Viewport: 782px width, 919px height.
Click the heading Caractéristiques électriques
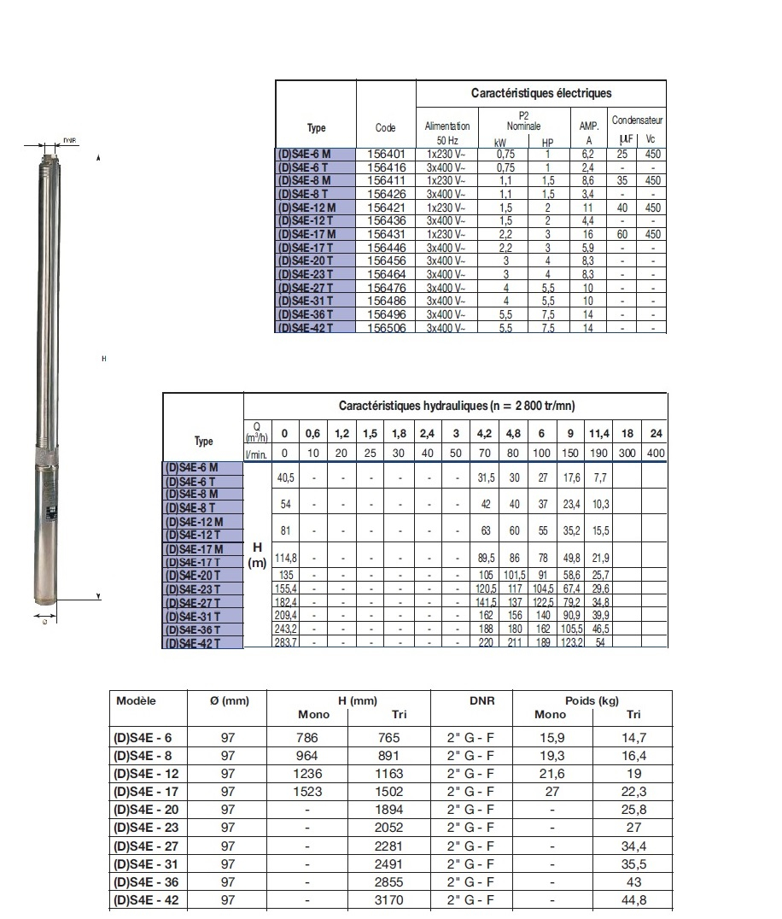(x=541, y=93)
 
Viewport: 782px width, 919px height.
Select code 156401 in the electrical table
(x=385, y=155)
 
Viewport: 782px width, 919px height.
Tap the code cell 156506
(x=385, y=328)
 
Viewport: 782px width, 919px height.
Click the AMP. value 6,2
(x=587, y=155)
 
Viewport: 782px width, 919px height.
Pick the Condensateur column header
(x=637, y=120)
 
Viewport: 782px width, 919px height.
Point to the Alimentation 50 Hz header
(x=447, y=132)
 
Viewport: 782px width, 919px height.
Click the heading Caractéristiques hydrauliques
(x=457, y=406)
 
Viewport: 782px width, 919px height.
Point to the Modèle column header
(x=136, y=699)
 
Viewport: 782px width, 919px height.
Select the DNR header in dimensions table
(x=471, y=699)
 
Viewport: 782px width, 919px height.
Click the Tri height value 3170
(x=389, y=899)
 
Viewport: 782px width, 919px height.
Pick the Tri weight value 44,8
(x=633, y=899)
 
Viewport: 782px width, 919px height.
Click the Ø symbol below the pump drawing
(x=44, y=622)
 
